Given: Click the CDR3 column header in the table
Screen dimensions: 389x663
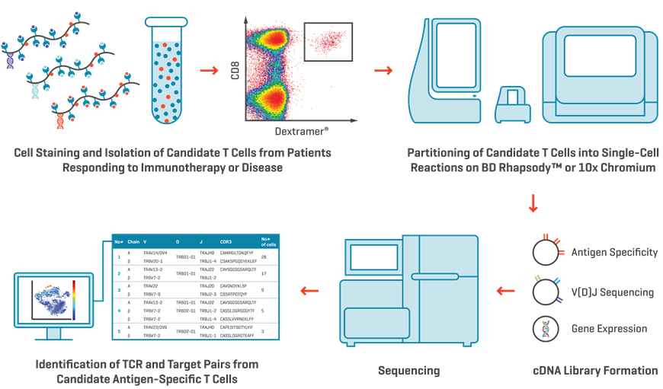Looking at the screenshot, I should point(226,241).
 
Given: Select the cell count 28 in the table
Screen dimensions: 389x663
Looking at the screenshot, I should point(264,257).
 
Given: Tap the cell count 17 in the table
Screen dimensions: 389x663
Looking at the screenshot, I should point(264,273).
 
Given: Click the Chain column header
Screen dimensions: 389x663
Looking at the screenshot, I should point(133,241).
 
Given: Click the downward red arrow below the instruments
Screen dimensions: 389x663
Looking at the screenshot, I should point(533,204).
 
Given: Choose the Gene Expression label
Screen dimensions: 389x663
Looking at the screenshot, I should point(609,329).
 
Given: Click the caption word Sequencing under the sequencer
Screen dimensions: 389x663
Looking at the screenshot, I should point(409,371).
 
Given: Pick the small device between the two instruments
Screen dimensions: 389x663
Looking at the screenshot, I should point(511,104).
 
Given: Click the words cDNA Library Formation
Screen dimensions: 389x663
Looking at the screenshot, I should point(595,371).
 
